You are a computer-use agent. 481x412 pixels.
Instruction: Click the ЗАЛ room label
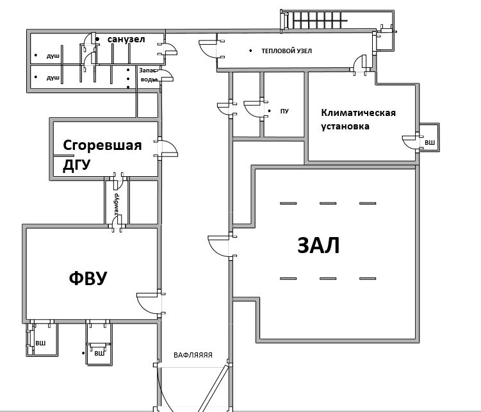318,245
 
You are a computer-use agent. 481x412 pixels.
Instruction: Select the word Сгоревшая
102,145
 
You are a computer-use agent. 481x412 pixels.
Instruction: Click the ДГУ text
76,165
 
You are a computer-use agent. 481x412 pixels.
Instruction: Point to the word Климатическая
358,113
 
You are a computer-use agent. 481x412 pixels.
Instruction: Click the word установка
345,126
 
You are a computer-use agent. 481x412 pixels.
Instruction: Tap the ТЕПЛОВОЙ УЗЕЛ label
286,51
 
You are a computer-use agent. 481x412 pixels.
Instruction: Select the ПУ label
284,111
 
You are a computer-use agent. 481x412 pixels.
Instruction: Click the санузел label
126,40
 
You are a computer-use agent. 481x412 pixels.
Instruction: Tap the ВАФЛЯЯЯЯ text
193,354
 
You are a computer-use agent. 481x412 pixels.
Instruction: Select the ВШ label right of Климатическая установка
430,142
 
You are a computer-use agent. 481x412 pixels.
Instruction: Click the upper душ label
53,56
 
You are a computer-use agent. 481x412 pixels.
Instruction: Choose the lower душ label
53,78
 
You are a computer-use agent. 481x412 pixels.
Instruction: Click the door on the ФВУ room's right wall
148,301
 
